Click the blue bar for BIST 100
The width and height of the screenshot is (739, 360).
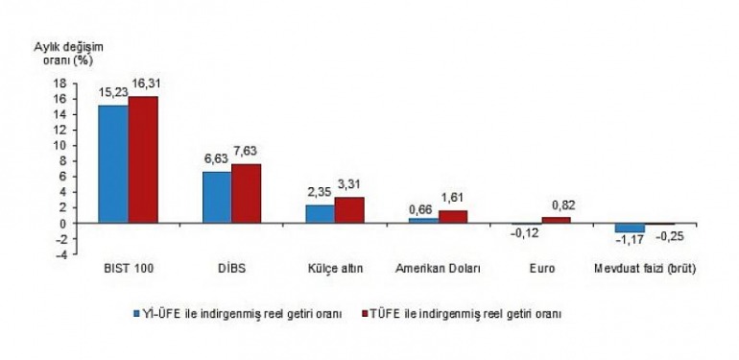point(113,164)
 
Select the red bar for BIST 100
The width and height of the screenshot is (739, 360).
point(143,160)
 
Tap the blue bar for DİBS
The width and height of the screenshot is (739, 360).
point(217,198)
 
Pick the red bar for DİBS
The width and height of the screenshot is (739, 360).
point(247,194)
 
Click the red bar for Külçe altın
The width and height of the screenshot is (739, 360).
point(350,210)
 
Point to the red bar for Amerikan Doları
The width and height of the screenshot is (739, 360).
point(453,217)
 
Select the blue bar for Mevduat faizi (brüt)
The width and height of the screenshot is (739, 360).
point(631,228)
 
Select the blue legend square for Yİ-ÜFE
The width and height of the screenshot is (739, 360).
point(136,312)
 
